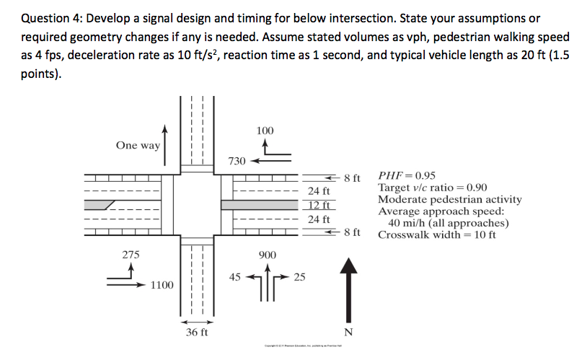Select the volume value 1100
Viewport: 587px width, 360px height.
pyautogui.click(x=162, y=286)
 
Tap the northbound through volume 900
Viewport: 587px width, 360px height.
pyautogui.click(x=267, y=255)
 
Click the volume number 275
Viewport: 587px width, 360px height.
pyautogui.click(x=131, y=255)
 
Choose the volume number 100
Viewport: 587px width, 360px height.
pyautogui.click(x=265, y=130)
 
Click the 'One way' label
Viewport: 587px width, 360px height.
pyautogui.click(x=138, y=146)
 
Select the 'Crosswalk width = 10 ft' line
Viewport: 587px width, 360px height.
pyautogui.click(x=437, y=234)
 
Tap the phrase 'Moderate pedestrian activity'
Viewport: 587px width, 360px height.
pyautogui.click(x=449, y=199)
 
